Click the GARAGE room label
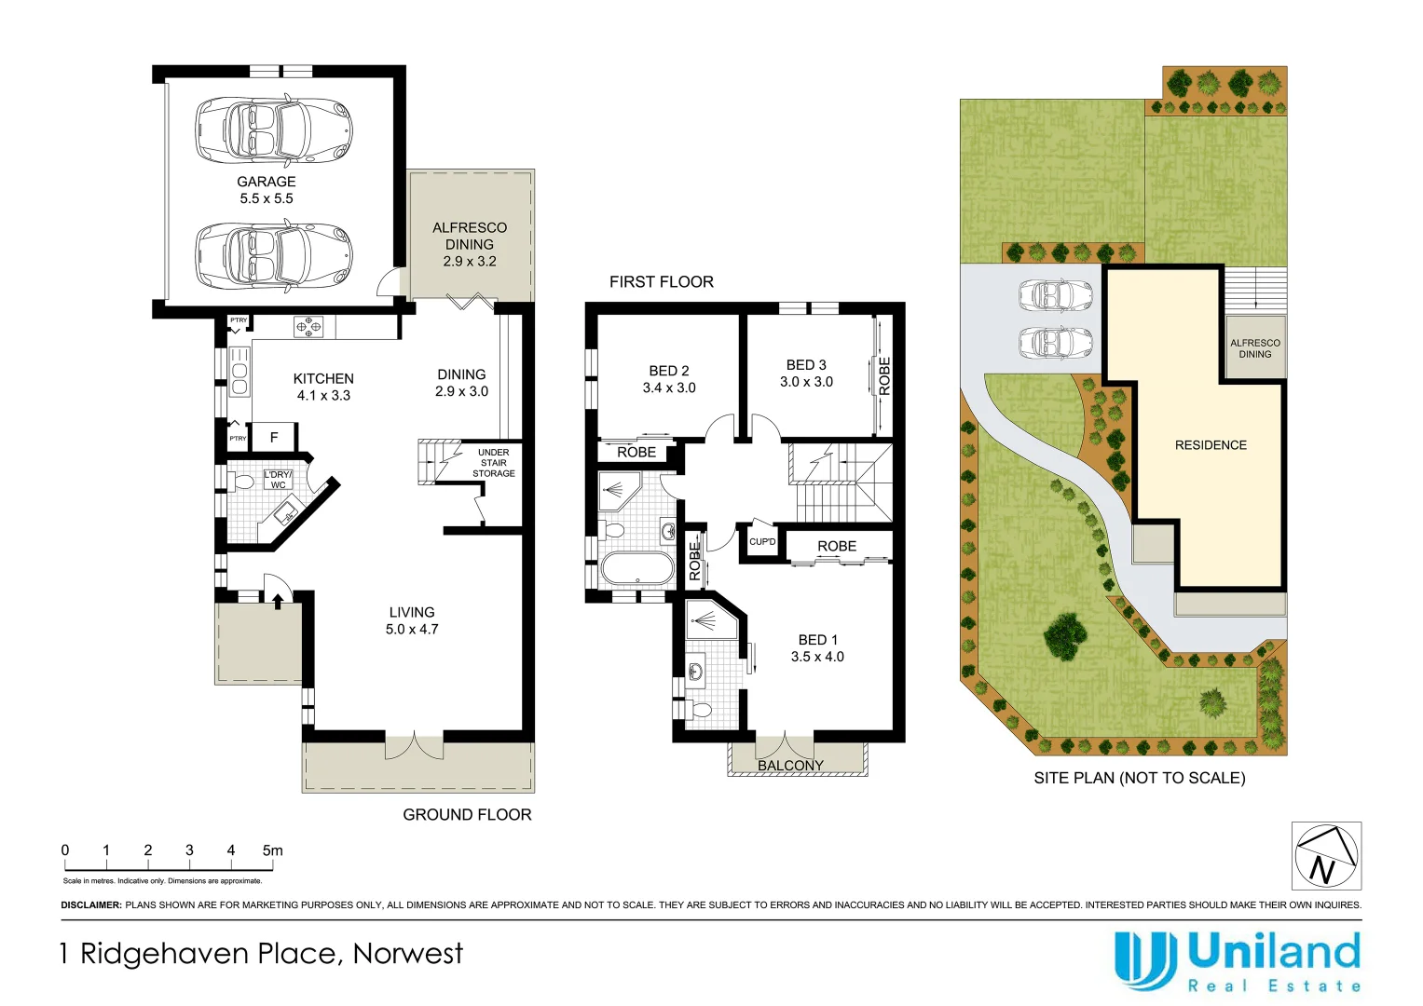click(x=266, y=183)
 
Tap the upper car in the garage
click(x=273, y=129)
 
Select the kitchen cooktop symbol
click(x=308, y=327)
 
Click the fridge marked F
click(x=274, y=437)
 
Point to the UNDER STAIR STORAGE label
click(x=493, y=463)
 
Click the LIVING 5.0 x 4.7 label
click(x=412, y=620)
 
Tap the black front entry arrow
click(x=277, y=601)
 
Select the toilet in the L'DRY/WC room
click(x=243, y=483)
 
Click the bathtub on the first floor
click(x=636, y=568)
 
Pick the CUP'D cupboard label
click(x=762, y=541)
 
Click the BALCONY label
click(x=790, y=766)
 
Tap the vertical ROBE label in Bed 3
click(x=884, y=376)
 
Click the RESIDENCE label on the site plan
click(x=1211, y=445)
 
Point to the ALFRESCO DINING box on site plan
click(x=1254, y=348)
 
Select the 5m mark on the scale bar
click(x=272, y=850)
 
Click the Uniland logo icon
click(x=1145, y=959)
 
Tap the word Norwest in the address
click(x=407, y=954)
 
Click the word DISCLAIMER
click(x=90, y=905)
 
